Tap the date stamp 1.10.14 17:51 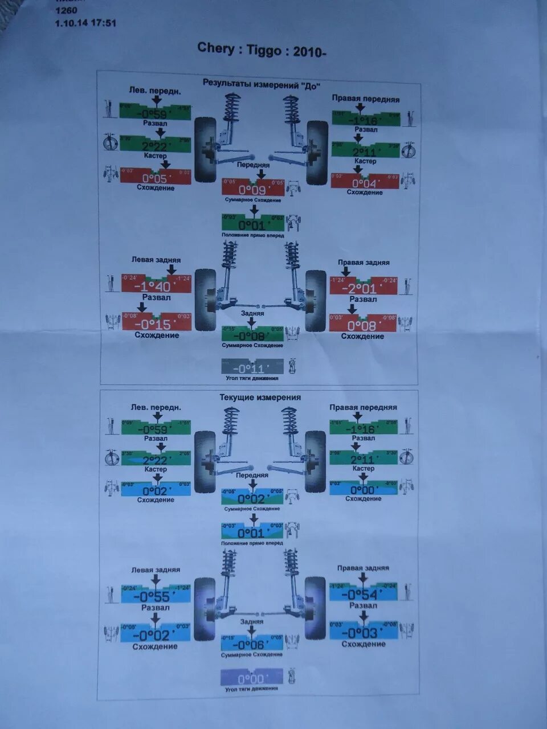pos(85,23)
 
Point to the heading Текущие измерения pos(260,398)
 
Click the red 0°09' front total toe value pos(252,190)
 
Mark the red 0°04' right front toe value pos(365,183)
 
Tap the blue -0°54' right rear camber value pos(363,595)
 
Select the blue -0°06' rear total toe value pos(252,644)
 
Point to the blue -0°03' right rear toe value pos(364,633)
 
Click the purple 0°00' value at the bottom pos(251,679)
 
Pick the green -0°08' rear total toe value pos(252,336)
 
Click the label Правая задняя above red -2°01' pos(364,263)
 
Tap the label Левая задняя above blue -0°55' pos(156,570)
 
